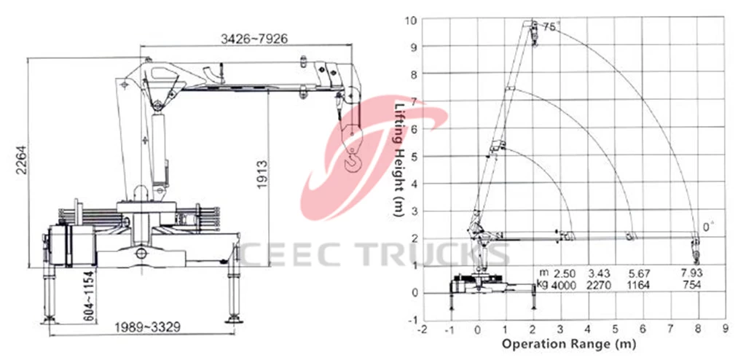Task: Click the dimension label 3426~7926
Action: click(254, 39)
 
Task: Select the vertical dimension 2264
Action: click(22, 160)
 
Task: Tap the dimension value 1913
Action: click(262, 175)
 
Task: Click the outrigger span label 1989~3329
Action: click(147, 327)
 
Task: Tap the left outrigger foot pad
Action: click(49, 321)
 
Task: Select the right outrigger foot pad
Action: click(234, 319)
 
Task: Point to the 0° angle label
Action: click(709, 227)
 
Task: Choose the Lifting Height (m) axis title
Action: click(399, 160)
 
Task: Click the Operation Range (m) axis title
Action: click(569, 343)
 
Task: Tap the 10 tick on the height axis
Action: click(411, 20)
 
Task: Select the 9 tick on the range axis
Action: click(725, 329)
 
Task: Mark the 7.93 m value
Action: click(692, 273)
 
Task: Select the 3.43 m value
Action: click(599, 273)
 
